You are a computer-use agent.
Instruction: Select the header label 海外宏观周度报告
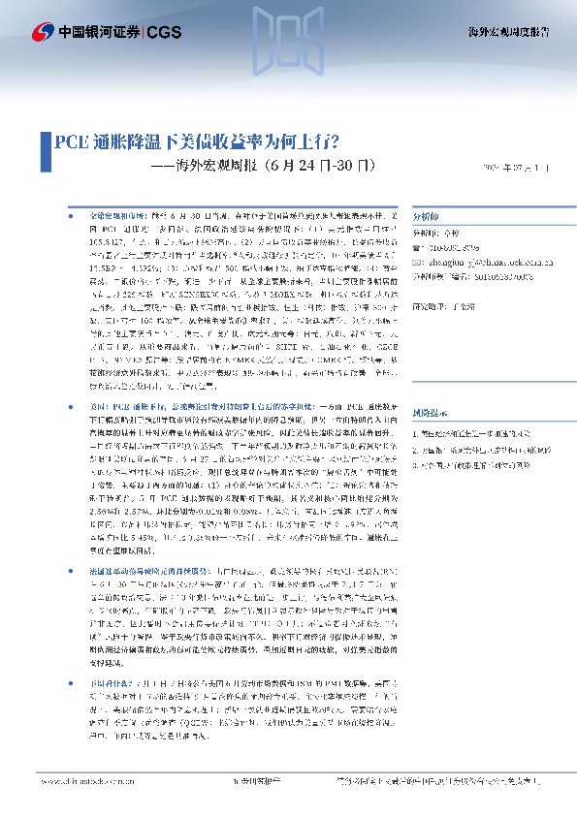pos(517,32)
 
